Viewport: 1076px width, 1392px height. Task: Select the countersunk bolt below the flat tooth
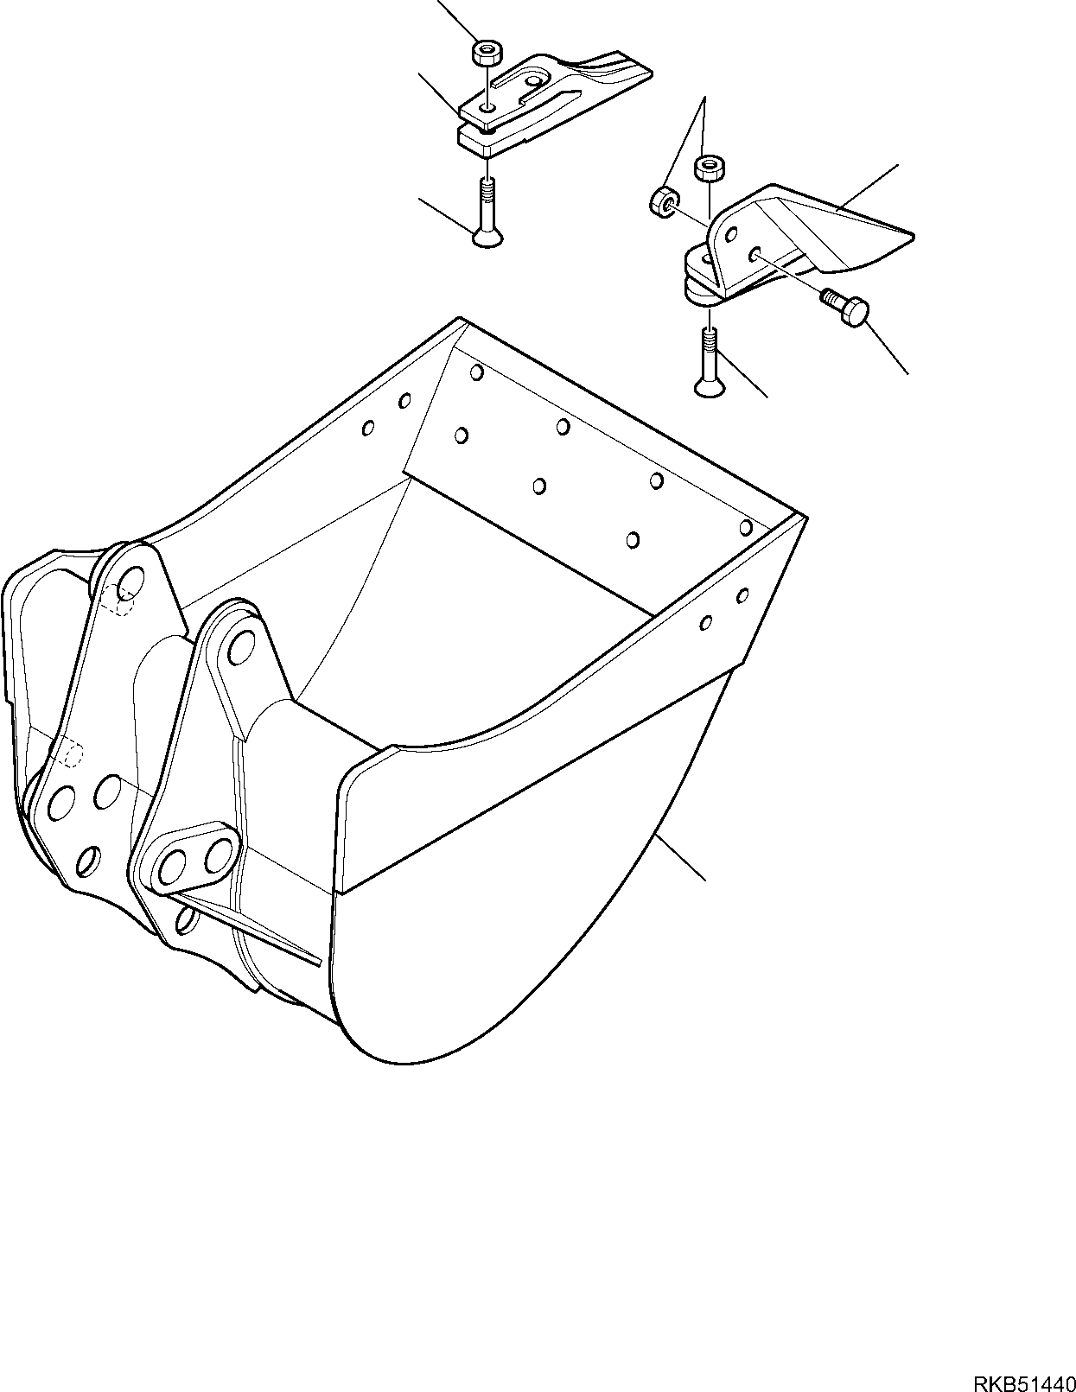click(x=487, y=213)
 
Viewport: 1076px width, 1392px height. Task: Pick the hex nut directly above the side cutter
click(x=709, y=169)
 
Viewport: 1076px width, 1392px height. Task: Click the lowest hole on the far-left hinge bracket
click(x=88, y=861)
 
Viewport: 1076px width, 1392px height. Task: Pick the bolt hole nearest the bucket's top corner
click(x=476, y=372)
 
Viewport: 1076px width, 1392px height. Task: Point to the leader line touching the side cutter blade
click(x=867, y=188)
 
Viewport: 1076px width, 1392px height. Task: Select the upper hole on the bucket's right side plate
click(x=742, y=595)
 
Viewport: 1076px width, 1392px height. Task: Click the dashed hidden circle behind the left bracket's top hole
click(x=120, y=598)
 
